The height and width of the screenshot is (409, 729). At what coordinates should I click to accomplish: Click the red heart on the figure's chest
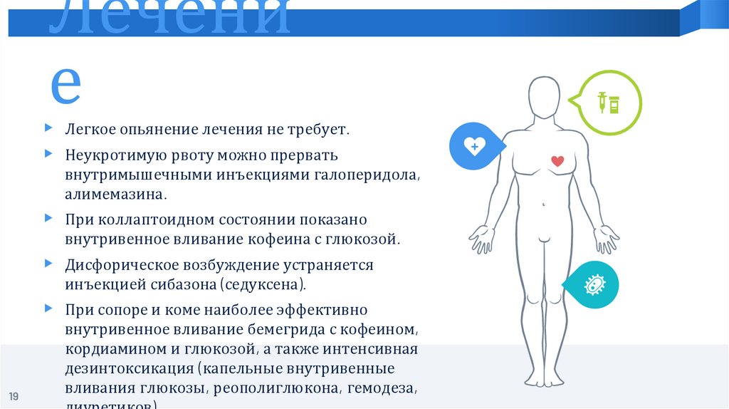pyautogui.click(x=557, y=161)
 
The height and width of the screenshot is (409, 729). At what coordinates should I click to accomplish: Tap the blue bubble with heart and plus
pyautogui.click(x=474, y=147)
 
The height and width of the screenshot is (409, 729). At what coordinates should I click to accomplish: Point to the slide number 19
pyautogui.click(x=14, y=396)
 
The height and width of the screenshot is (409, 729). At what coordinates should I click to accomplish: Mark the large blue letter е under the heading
pyautogui.click(x=65, y=85)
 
